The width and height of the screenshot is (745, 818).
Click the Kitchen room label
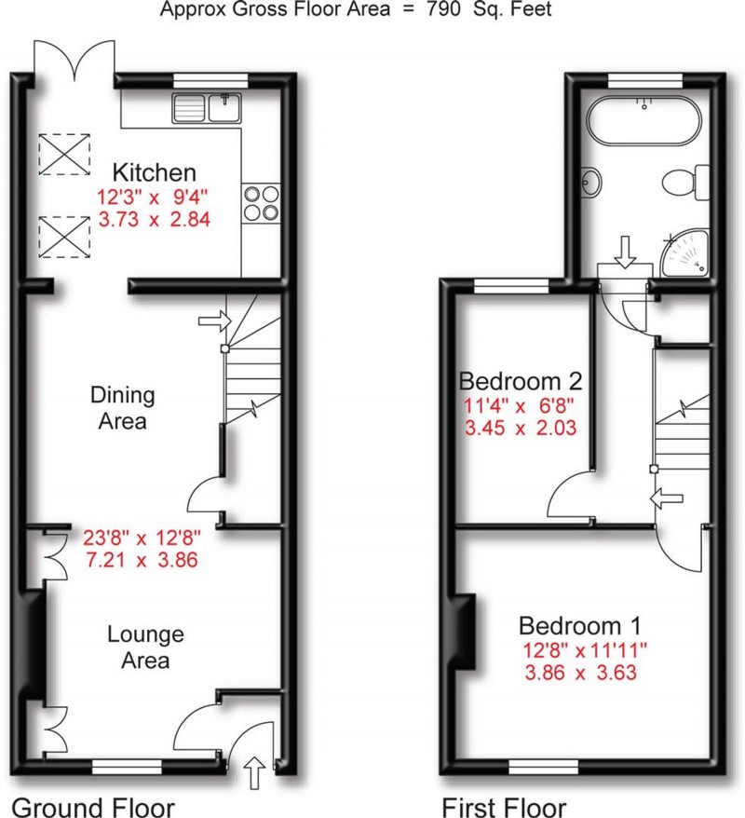[155, 172]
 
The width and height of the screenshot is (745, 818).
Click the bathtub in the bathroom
[642, 118]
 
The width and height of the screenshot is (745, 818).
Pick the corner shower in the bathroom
[686, 253]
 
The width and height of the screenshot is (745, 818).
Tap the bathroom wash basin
[590, 180]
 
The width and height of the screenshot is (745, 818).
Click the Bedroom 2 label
[521, 381]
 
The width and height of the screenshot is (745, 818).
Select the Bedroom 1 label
[579, 624]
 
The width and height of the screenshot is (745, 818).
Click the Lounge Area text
[145, 648]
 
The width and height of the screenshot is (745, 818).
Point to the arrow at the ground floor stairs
[212, 321]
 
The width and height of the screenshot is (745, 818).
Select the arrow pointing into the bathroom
[625, 250]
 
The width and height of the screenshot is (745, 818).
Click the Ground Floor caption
[92, 805]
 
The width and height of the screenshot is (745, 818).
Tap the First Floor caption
[503, 805]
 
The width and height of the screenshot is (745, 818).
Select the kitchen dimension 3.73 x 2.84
[155, 221]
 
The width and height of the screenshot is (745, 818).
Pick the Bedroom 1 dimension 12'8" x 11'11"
[579, 649]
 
